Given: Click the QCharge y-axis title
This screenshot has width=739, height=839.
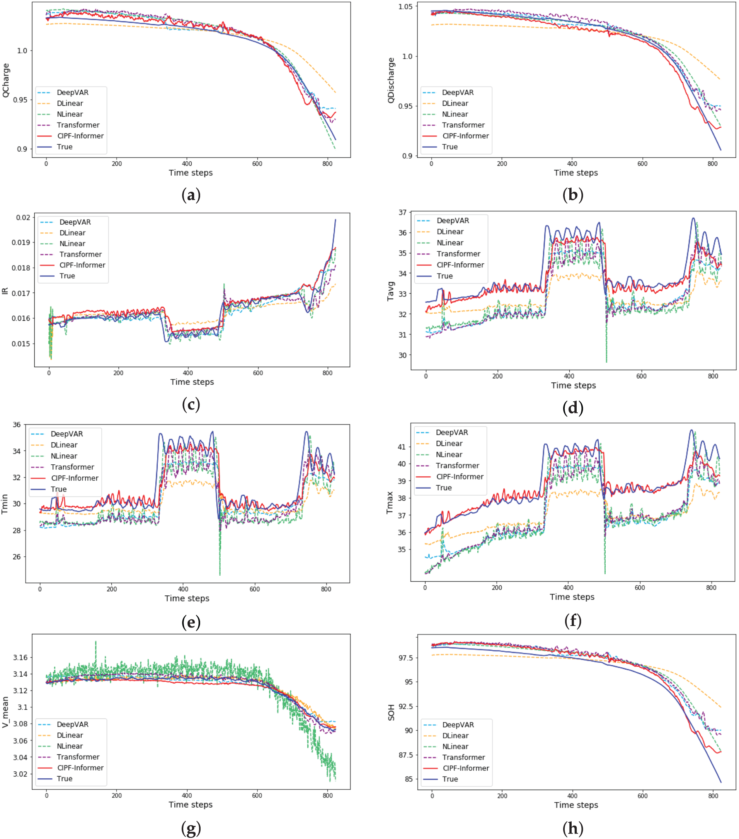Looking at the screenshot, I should click(x=5, y=80).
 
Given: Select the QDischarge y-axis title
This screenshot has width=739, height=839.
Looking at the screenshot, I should click(x=391, y=80).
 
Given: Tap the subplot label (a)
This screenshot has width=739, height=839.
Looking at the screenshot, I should click(x=191, y=195).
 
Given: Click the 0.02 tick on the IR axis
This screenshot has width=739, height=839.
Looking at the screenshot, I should click(x=23, y=218).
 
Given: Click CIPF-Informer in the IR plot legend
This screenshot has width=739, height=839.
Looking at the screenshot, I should click(x=82, y=265).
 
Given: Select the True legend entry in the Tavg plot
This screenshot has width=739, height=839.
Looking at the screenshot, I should click(x=444, y=276).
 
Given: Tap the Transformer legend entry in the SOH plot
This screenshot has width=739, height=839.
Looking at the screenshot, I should click(x=463, y=757).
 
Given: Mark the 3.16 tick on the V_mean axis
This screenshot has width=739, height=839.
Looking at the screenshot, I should click(x=20, y=658).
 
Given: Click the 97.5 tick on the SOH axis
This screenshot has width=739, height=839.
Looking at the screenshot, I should click(x=405, y=658).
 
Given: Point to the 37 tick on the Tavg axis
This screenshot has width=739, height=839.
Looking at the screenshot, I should click(x=402, y=213).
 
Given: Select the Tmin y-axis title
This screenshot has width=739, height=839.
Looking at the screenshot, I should click(x=5, y=504).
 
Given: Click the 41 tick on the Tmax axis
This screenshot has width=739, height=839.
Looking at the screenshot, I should click(x=401, y=447).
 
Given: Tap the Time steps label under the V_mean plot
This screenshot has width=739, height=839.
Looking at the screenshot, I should click(x=191, y=805).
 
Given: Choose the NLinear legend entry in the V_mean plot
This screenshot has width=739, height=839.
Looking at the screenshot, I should click(x=69, y=746).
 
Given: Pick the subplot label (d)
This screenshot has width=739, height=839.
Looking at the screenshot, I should click(x=572, y=408).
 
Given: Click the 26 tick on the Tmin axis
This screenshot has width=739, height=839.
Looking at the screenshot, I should click(x=16, y=557).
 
